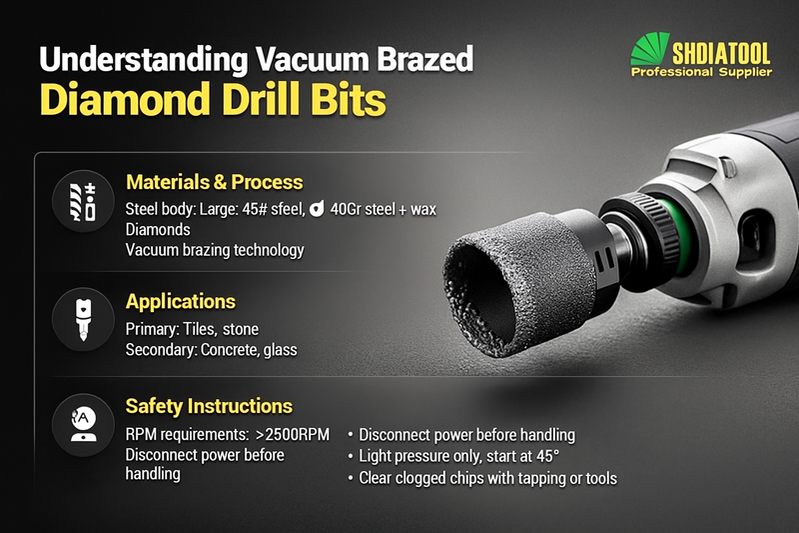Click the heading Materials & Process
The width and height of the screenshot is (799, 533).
[x=214, y=182]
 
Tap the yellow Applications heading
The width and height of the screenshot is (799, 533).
[x=180, y=301]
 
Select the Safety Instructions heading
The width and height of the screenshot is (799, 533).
[x=209, y=406]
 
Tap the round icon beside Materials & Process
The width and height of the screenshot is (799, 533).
[x=83, y=201]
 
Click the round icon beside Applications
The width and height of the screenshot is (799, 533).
[x=83, y=320]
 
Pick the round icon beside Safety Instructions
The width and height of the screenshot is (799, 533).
[x=83, y=424]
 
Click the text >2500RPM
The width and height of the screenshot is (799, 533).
[x=292, y=435]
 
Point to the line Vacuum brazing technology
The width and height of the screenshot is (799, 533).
[x=215, y=250]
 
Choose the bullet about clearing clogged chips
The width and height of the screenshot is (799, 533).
[x=487, y=478]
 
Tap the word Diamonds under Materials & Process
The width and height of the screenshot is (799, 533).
[x=157, y=229]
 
